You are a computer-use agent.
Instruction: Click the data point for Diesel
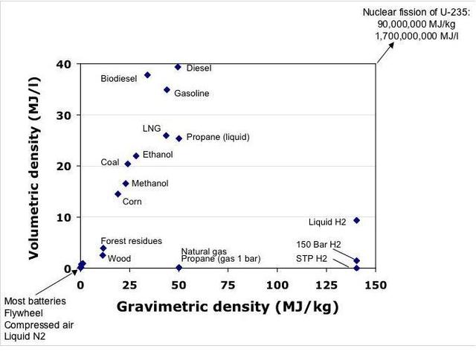[x=178, y=67]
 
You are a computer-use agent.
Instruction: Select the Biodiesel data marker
[x=147, y=75]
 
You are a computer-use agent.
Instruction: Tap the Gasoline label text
[x=191, y=94]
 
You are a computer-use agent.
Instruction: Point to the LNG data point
[x=166, y=135]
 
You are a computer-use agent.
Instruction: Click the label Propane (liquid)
[x=217, y=138]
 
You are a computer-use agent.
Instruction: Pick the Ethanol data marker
[x=136, y=155]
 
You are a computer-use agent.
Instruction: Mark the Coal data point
[x=128, y=164]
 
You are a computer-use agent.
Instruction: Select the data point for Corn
[x=118, y=194]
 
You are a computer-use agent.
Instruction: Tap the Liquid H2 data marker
[x=356, y=220]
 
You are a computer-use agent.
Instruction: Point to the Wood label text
[x=119, y=259]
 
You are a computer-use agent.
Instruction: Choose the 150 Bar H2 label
[x=319, y=244]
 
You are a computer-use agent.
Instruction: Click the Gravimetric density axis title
[x=227, y=306]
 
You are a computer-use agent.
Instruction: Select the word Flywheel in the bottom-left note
[x=25, y=312]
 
